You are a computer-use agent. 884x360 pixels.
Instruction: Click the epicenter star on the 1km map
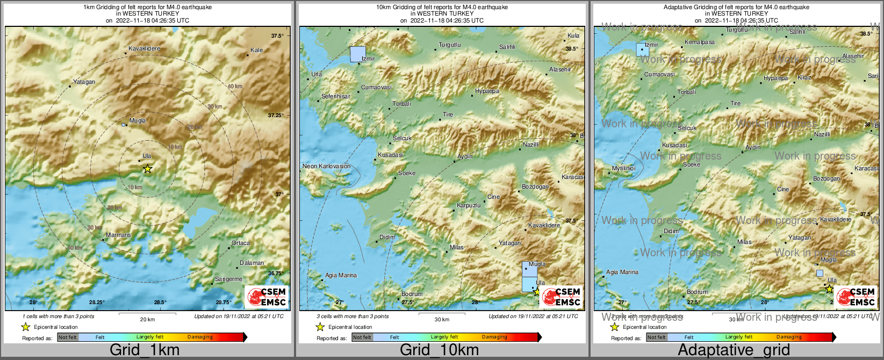pos(147,169)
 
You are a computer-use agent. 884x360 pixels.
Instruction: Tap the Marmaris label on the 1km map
pos(118,235)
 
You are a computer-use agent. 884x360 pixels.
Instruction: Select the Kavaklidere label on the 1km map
pos(144,49)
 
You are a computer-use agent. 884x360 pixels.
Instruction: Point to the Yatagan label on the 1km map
pos(84,82)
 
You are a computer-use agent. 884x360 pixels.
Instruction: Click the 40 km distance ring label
pos(234,87)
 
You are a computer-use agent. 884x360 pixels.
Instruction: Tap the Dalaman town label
pos(251,263)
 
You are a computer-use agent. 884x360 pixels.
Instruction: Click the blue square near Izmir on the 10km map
pos(357,54)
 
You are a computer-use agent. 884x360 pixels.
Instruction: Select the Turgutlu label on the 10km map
pos(449,45)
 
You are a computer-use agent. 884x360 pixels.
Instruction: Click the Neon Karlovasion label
pos(326,166)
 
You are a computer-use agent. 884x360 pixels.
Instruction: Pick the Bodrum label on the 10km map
pos(412,294)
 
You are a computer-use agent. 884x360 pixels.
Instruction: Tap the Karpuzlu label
pos(468,206)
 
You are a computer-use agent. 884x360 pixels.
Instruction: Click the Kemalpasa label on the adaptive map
pos(700,42)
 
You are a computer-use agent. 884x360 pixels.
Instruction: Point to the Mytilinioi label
pos(623,169)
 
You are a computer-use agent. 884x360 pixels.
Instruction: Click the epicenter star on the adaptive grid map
pos(829,289)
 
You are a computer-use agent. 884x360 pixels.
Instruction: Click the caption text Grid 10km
pos(439,350)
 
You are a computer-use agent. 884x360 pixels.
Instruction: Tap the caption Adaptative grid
pos(734,350)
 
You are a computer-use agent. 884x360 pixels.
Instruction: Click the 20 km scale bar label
pos(147,319)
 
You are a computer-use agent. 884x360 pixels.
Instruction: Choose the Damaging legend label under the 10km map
pos(494,337)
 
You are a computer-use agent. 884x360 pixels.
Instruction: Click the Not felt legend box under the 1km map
pos(68,337)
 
